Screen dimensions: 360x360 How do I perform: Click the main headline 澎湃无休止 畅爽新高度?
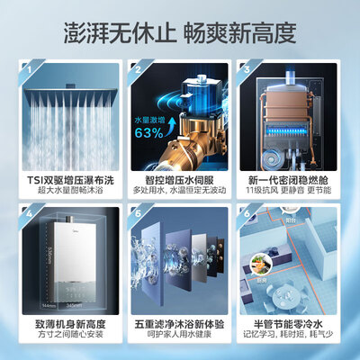(180, 33)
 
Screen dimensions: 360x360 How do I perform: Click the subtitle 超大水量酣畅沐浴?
(66, 191)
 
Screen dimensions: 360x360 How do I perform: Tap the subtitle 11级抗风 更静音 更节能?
(293, 191)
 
